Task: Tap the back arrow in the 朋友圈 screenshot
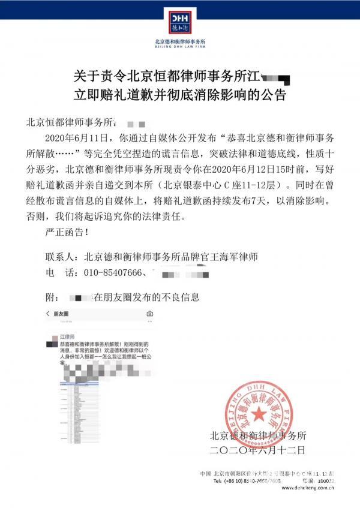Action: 48,314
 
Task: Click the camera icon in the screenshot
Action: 149,314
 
